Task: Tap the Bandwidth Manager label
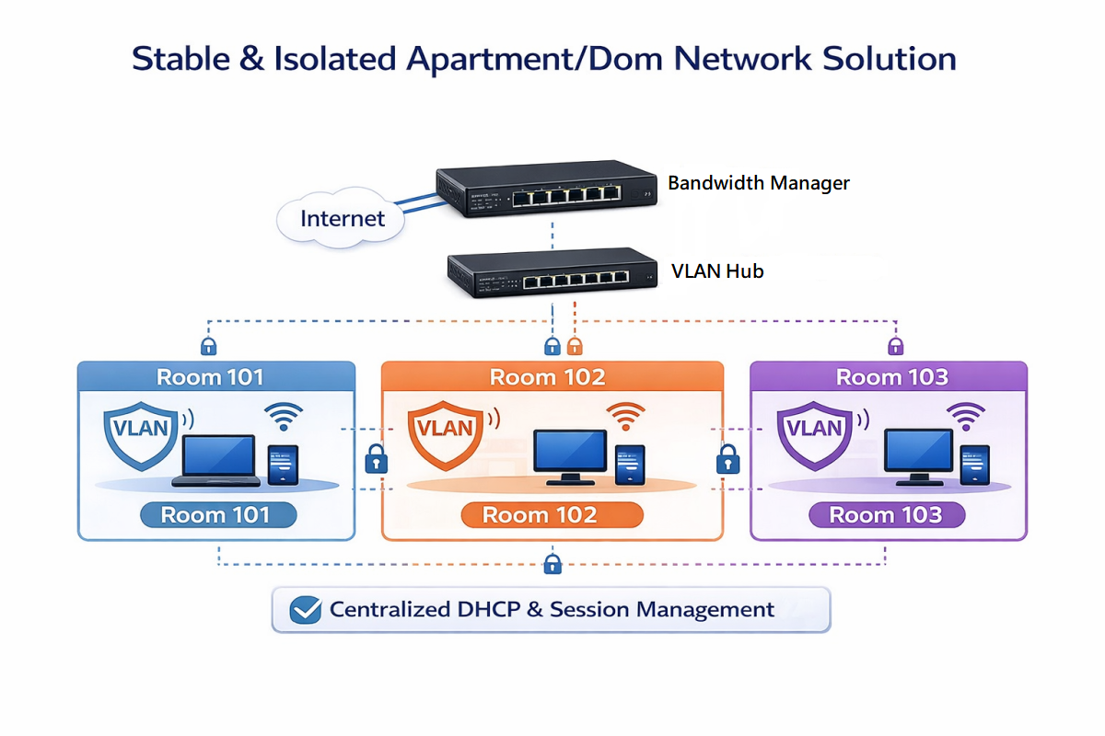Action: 758,183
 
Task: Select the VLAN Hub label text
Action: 717,271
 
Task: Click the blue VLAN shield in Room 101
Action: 139,430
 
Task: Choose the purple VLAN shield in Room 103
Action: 814,430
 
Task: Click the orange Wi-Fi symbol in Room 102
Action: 626,417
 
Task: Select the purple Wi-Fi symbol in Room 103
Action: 966,417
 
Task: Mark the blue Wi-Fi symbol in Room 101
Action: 284,417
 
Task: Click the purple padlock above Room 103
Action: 895,346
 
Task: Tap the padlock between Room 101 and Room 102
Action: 376,457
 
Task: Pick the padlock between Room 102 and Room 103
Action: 728,457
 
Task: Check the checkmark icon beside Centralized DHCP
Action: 305,610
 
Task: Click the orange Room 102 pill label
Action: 540,515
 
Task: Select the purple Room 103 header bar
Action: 889,377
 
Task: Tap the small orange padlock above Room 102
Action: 575,346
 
